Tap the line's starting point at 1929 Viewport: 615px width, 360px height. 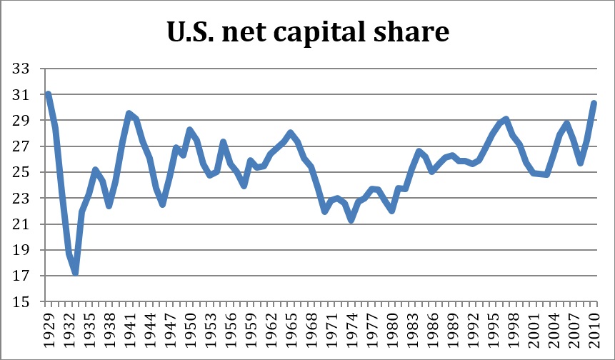pos(48,94)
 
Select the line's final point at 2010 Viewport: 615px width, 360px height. pos(594,103)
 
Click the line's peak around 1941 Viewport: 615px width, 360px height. pos(129,114)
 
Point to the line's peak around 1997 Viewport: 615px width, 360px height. pos(506,119)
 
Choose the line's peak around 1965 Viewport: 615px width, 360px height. pos(290,133)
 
